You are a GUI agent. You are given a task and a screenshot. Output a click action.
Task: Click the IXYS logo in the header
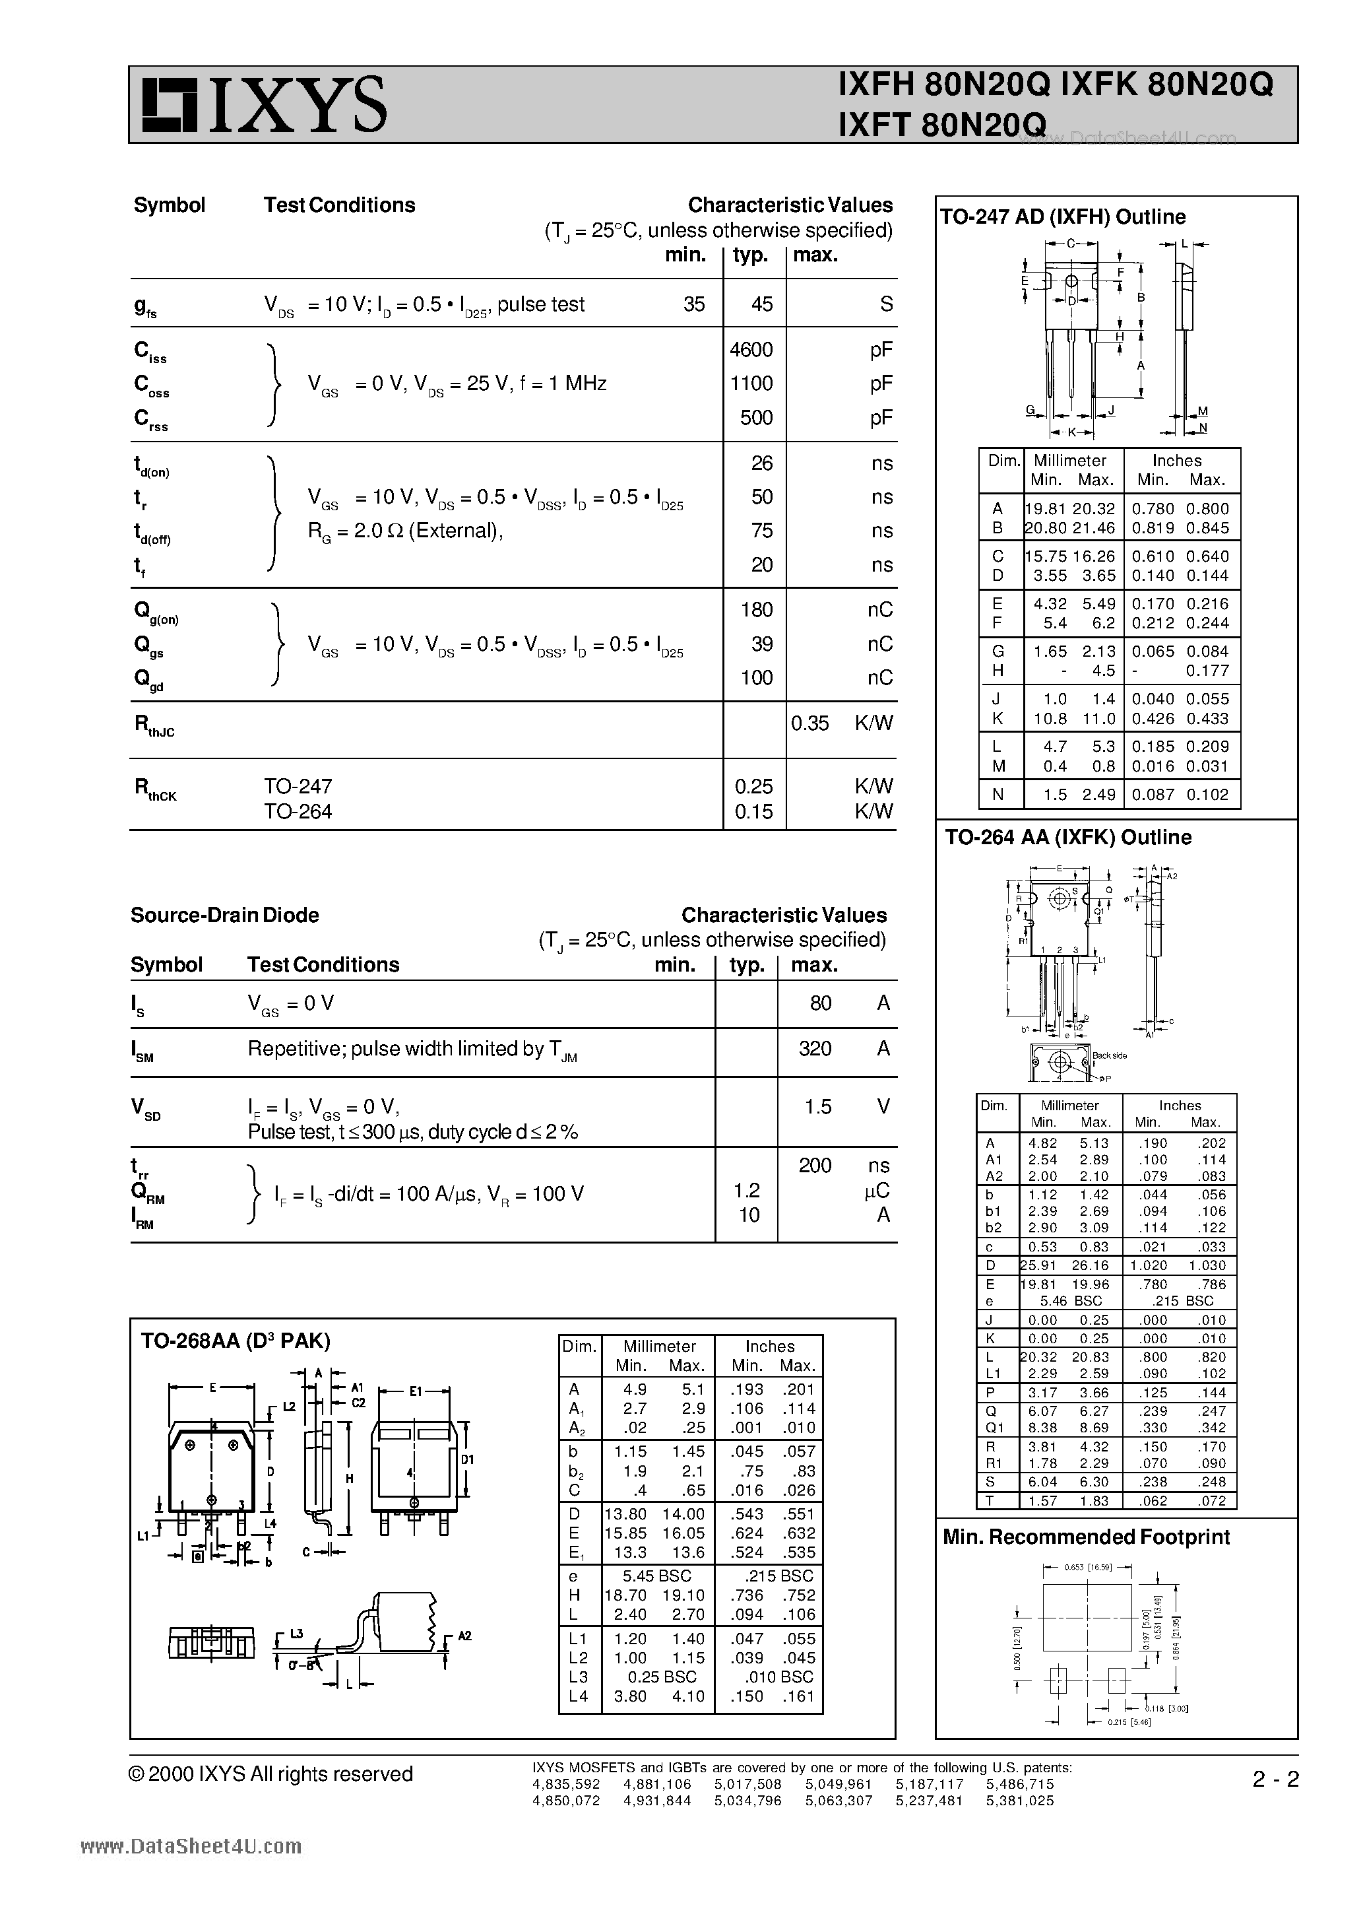coord(264,105)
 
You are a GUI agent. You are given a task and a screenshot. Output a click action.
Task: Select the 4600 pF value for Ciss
coord(751,350)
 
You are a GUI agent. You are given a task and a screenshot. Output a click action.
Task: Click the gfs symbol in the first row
coord(144,307)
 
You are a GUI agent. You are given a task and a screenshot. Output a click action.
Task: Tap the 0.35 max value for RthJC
coord(810,723)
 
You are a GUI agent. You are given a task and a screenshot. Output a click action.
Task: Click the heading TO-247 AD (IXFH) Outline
coord(1062,217)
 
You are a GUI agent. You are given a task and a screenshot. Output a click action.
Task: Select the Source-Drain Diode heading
coord(224,915)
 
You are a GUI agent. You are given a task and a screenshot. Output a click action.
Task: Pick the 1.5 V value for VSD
coord(817,1107)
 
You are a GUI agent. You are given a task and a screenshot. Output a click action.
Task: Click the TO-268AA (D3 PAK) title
coord(236,1341)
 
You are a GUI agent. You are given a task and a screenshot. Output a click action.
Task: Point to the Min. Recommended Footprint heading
coord(1086,1537)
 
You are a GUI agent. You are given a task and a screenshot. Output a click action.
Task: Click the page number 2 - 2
coord(1275,1780)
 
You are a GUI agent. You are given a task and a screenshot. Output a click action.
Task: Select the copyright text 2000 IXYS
coord(270,1774)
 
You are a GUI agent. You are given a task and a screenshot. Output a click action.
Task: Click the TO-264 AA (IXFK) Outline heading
coord(1068,837)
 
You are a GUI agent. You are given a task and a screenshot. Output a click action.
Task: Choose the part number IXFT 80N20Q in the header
coord(942,124)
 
